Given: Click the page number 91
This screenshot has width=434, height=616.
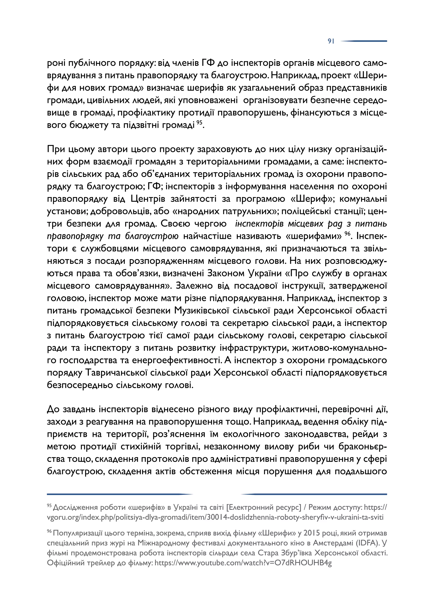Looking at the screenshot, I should pos(331,41).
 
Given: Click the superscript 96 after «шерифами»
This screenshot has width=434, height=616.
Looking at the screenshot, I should pos(347,234).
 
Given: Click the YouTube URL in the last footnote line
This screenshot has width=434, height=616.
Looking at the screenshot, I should pos(243,563).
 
